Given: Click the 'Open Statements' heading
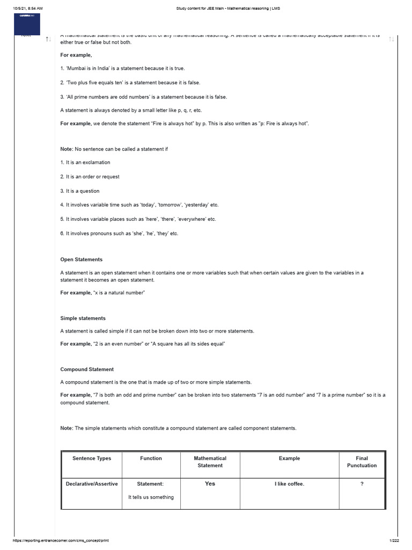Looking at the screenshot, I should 81,259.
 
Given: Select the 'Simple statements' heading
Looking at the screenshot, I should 83,318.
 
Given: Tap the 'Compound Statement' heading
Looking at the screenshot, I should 87,370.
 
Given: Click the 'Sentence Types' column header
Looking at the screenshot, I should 92,458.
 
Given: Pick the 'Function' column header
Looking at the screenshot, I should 151,458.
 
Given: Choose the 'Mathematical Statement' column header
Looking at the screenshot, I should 210,462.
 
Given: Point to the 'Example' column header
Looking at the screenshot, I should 289,458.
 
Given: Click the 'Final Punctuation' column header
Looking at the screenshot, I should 362,462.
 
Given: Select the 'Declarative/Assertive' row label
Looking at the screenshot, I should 92,484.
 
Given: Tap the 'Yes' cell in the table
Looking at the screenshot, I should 210,484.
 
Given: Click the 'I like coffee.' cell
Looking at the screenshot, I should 289,484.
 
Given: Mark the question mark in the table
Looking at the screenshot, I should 362,484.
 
